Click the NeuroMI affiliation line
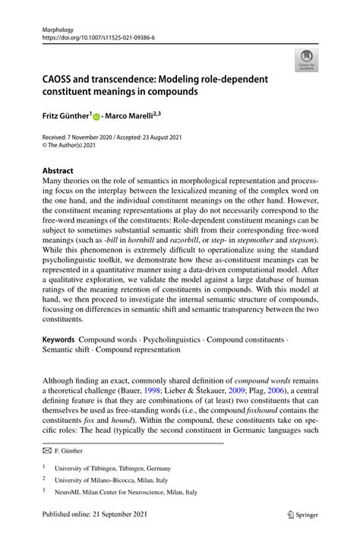point(121,492)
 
